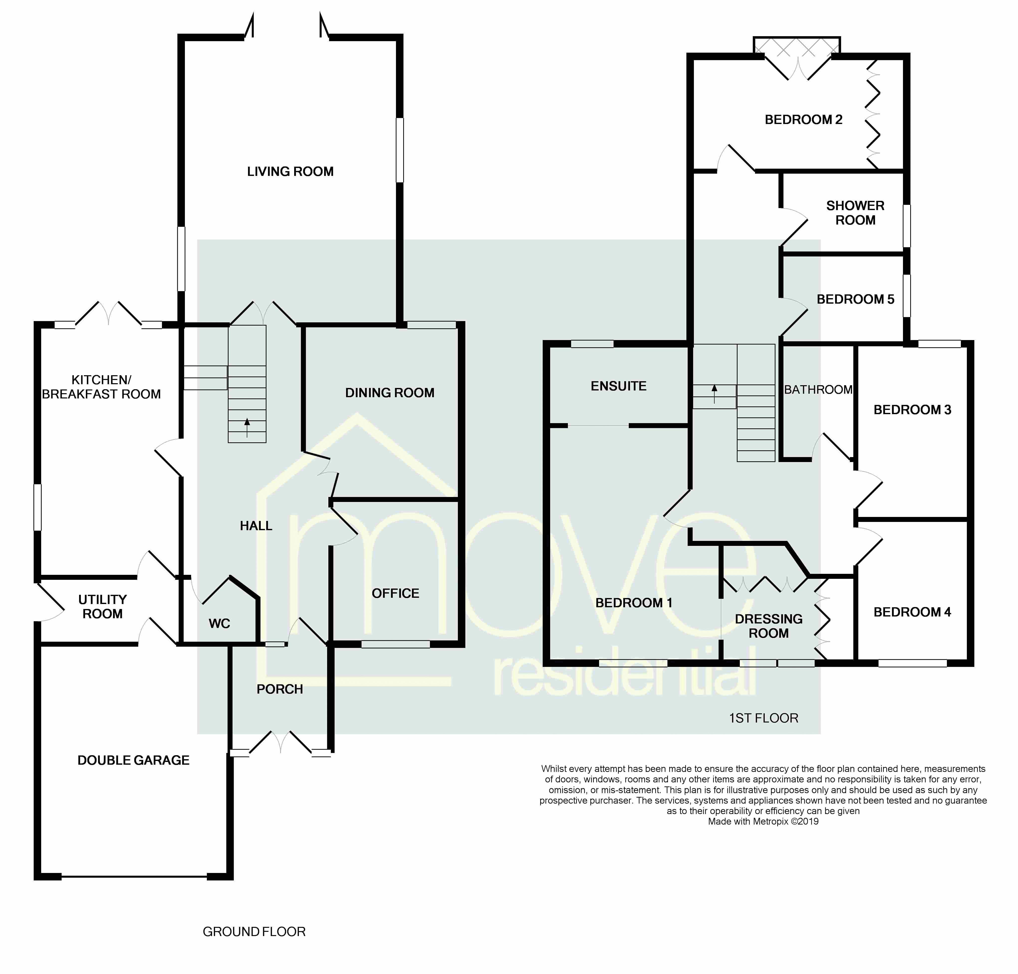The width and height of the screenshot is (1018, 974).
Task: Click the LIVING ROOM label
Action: pyautogui.click(x=290, y=171)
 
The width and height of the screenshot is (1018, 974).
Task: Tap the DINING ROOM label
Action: pyautogui.click(x=390, y=392)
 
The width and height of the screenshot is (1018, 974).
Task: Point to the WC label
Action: pyautogui.click(x=220, y=623)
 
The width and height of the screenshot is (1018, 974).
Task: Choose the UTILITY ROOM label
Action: pyautogui.click(x=102, y=607)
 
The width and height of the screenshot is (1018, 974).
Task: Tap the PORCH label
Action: pyautogui.click(x=280, y=689)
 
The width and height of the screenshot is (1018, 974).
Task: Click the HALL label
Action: pyautogui.click(x=256, y=526)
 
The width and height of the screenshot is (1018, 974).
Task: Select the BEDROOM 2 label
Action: pyautogui.click(x=804, y=120)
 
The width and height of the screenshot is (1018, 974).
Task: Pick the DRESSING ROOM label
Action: pyautogui.click(x=769, y=626)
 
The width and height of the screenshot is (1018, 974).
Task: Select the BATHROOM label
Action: pyautogui.click(x=818, y=389)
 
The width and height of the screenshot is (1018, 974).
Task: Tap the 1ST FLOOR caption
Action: pyautogui.click(x=764, y=718)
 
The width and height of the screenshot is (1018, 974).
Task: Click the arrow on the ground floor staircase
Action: pyautogui.click(x=247, y=427)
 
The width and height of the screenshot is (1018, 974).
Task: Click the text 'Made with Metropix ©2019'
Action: pyautogui.click(x=763, y=821)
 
